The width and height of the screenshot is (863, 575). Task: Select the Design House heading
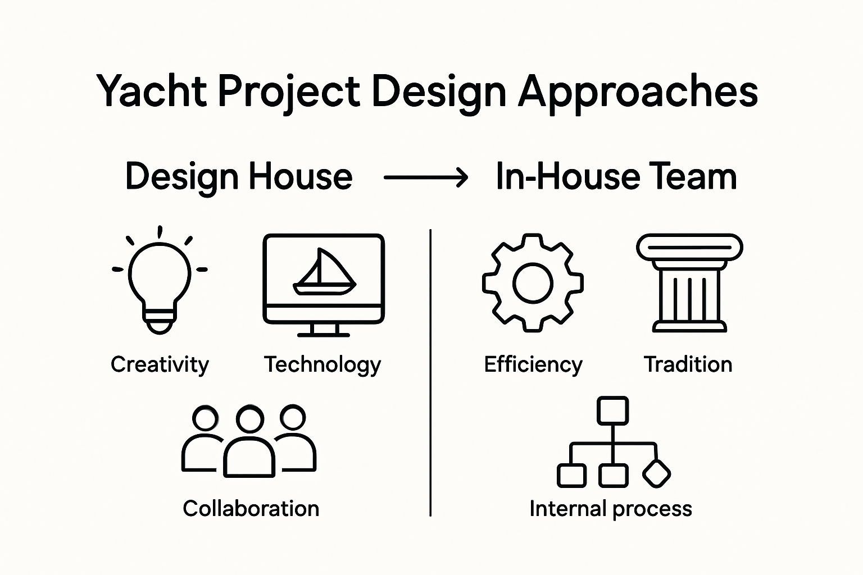[238, 176]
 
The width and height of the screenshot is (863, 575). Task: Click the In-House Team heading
[616, 176]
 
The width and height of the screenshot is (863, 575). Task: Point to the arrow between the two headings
[425, 178]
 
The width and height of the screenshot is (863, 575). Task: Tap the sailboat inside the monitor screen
[324, 273]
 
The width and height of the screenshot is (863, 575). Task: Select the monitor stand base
[324, 334]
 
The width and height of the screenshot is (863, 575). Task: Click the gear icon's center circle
[533, 283]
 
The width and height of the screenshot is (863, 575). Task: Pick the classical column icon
[689, 284]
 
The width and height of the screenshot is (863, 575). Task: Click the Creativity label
[160, 364]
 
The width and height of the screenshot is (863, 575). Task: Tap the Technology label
[323, 365]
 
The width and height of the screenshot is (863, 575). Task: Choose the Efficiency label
[533, 364]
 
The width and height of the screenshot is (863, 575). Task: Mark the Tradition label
[688, 364]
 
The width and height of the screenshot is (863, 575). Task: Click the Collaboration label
[251, 508]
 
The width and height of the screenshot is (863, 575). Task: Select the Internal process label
[610, 508]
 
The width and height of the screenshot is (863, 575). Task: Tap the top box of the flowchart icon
[612, 410]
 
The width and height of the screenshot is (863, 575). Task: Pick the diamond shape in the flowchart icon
[656, 474]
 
